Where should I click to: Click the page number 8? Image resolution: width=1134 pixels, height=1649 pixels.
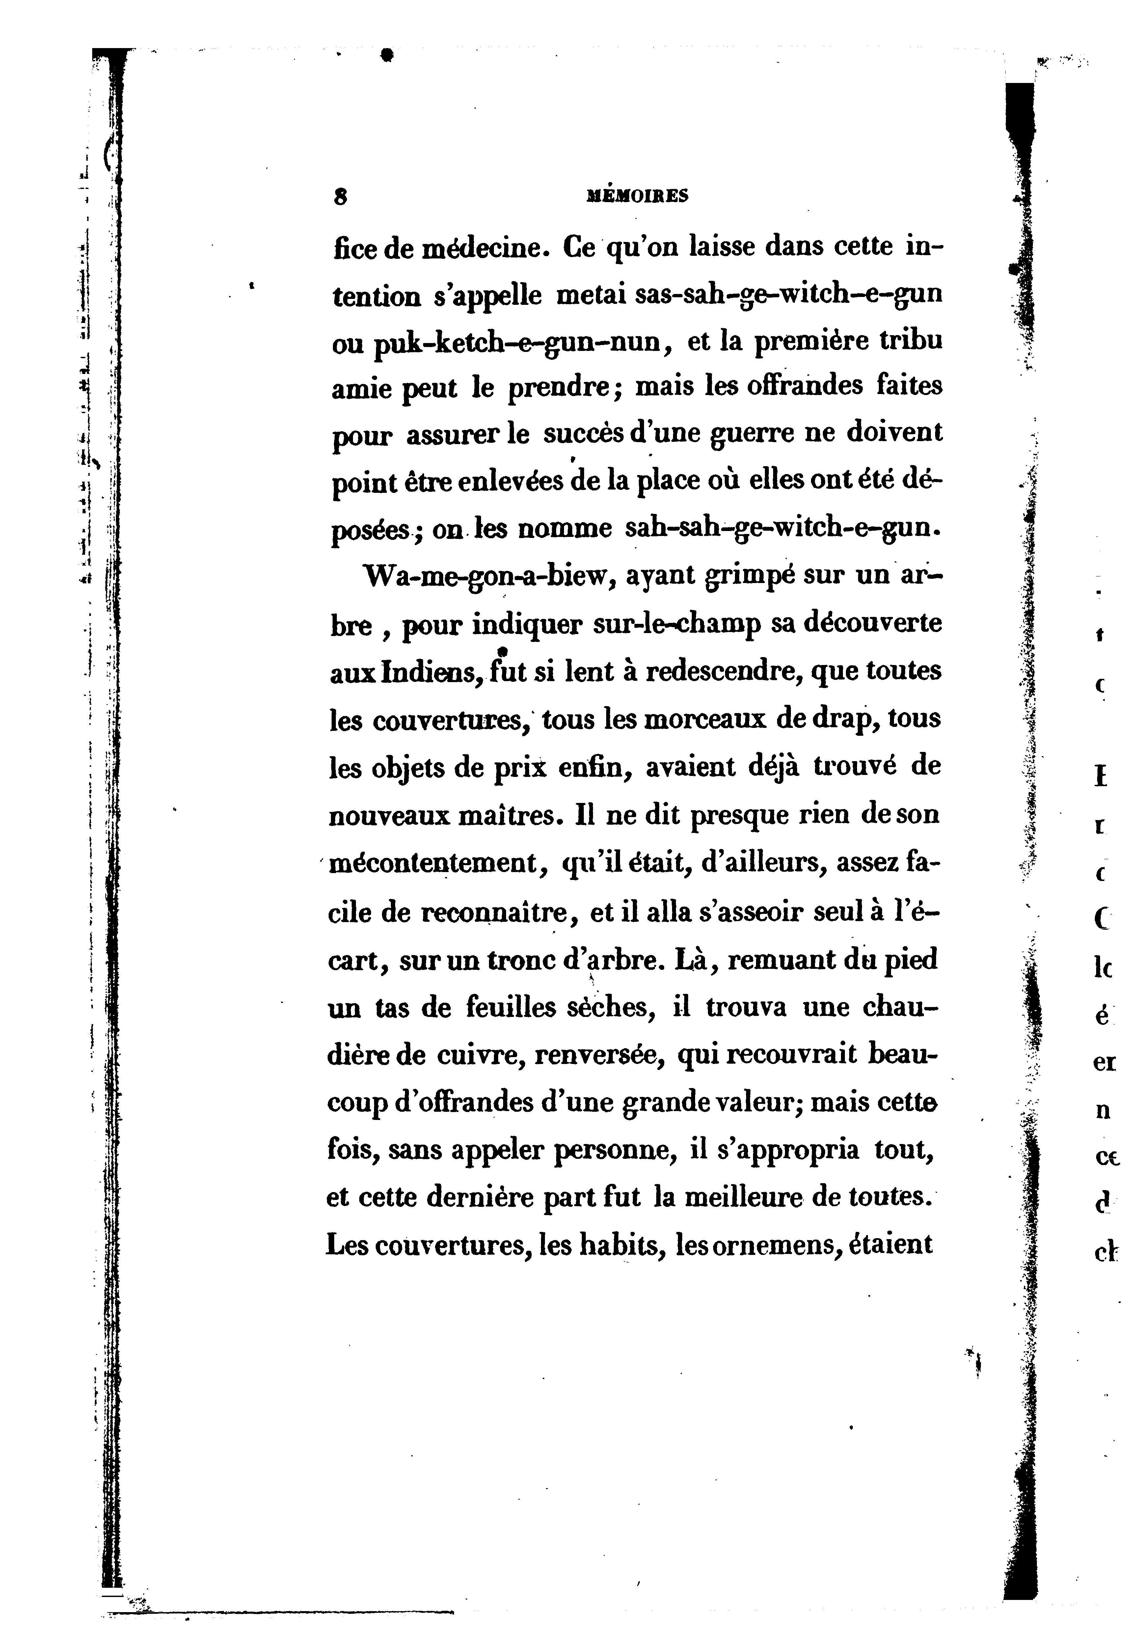click(340, 198)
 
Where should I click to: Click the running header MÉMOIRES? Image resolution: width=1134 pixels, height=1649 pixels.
click(637, 196)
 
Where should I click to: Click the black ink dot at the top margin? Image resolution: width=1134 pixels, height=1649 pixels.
click(387, 55)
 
